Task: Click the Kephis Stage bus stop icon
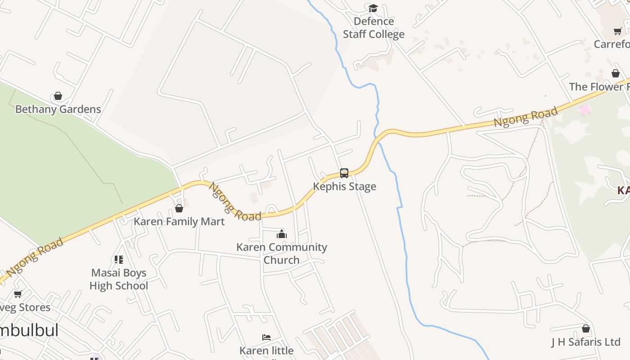(x=344, y=173)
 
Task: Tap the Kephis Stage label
(x=344, y=186)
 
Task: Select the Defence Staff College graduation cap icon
(x=373, y=8)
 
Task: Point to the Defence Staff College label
(x=373, y=27)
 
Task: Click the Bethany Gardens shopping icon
(x=58, y=96)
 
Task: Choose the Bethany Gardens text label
(x=58, y=109)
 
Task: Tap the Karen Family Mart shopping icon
(x=179, y=208)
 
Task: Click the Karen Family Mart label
(x=179, y=221)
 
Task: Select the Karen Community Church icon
(x=282, y=234)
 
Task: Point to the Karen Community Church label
(x=282, y=253)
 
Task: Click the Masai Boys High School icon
(x=119, y=260)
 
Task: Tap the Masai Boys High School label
(x=119, y=279)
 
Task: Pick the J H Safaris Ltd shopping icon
(x=586, y=329)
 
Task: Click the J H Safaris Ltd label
(x=586, y=342)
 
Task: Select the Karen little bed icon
(x=266, y=337)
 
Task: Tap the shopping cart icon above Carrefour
(x=618, y=31)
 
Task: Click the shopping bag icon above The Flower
(x=616, y=73)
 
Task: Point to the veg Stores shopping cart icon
(x=18, y=294)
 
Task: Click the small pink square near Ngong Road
(x=585, y=110)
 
